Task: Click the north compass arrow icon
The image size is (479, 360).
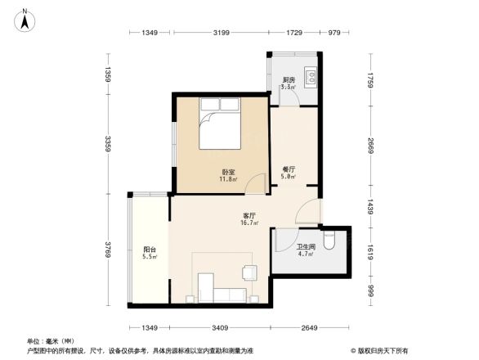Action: [x=25, y=18]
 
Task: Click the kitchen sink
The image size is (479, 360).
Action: [x=311, y=78]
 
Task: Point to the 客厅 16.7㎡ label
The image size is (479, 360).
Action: [x=248, y=218]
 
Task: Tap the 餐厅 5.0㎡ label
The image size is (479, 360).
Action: [x=288, y=172]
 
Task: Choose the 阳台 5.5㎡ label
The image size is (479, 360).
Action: [x=150, y=254]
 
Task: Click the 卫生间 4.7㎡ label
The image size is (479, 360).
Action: [x=306, y=250]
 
